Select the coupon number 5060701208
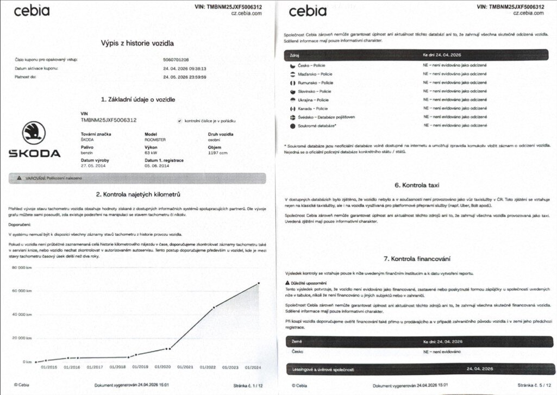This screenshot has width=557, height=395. (176, 59)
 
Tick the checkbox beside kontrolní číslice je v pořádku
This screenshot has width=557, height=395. (180, 121)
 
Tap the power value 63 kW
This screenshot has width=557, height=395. (151, 153)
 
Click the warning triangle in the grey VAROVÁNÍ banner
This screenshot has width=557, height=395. (19, 178)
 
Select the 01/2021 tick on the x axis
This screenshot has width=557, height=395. (185, 368)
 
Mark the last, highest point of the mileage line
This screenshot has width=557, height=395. (258, 283)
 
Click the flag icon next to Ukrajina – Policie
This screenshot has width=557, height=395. (293, 100)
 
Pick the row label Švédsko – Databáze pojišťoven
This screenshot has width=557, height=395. (326, 117)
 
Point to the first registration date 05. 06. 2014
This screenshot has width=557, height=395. (157, 166)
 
